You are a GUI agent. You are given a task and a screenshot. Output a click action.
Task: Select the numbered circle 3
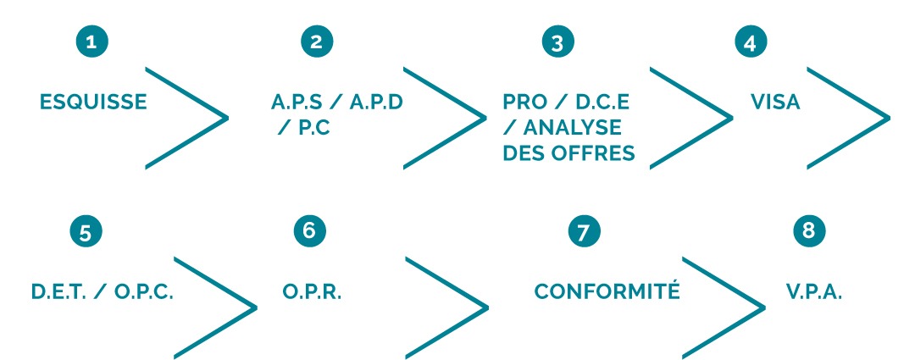[x=557, y=43]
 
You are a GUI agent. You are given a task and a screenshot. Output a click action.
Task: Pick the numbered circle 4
[x=750, y=43]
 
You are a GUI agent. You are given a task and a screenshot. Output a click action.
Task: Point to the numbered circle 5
[x=86, y=232]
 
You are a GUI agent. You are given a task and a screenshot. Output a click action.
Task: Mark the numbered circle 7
[x=582, y=232]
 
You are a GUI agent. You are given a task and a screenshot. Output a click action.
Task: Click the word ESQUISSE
[x=93, y=102]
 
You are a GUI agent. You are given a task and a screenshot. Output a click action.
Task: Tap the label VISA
[x=776, y=102]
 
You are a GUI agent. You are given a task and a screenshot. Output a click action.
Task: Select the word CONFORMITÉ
[x=607, y=291]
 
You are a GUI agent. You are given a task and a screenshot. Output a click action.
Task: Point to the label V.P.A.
[x=814, y=291]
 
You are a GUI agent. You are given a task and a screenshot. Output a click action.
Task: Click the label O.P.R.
[x=313, y=291]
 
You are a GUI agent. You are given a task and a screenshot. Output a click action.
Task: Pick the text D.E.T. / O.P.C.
[x=103, y=291]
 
